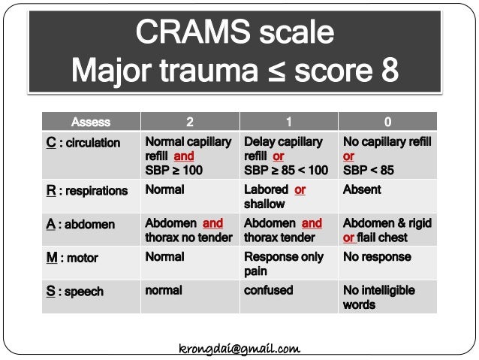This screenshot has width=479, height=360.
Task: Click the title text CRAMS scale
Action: pyautogui.click(x=234, y=32)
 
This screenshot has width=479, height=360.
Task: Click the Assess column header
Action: pyautogui.click(x=91, y=122)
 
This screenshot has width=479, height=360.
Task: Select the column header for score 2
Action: pyautogui.click(x=189, y=122)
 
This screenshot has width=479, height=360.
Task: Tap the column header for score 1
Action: pyautogui.click(x=288, y=122)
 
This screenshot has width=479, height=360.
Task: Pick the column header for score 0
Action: pyautogui.click(x=387, y=122)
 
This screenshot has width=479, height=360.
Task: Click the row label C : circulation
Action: pyautogui.click(x=83, y=143)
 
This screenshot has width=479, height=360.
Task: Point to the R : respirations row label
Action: pyautogui.click(x=86, y=191)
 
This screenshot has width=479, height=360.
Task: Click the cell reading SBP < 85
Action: pyautogui.click(x=387, y=156)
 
